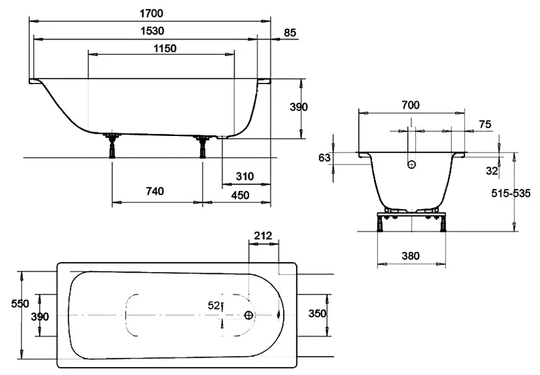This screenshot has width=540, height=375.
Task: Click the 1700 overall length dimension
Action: click(151, 13)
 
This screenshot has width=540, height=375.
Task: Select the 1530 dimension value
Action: click(152, 31)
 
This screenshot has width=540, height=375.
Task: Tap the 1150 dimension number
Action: click(165, 49)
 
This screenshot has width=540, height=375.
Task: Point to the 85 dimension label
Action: click(290, 33)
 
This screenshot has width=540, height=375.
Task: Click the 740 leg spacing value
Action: click(154, 191)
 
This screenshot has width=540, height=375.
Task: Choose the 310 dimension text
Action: click(245, 176)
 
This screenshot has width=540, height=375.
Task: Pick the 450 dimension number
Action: click(240, 195)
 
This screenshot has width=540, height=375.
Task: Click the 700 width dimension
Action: click(411, 105)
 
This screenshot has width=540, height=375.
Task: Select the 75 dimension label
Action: click(485, 124)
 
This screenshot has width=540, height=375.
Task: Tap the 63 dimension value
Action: click(325, 158)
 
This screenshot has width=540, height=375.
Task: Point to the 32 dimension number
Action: click(492, 171)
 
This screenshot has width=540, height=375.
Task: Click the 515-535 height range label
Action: click(511, 194)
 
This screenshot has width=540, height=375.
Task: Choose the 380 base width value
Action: click(411, 256)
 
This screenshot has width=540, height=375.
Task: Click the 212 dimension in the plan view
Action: click(263, 236)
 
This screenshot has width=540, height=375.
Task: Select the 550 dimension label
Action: click(20, 304)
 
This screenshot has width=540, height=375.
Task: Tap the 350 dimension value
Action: click(317, 313)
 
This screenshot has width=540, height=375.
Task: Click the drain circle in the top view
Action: click(249, 315)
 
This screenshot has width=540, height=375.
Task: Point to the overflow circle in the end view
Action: click(411, 165)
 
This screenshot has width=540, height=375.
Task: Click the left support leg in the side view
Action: click(112, 146)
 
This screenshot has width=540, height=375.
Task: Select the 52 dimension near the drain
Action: click(214, 305)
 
